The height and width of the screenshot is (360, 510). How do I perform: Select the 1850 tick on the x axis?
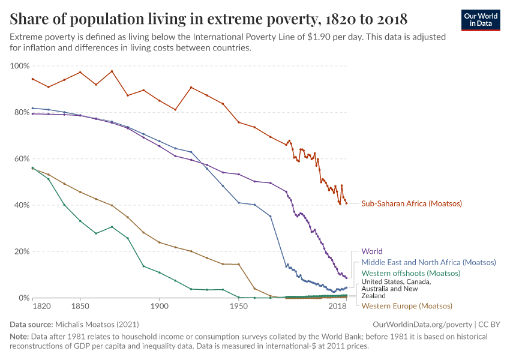(x=80, y=306)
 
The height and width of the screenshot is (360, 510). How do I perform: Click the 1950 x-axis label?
(x=239, y=306)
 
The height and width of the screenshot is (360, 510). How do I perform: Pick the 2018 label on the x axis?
(x=338, y=306)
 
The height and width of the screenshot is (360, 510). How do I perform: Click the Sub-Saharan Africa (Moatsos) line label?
(x=412, y=203)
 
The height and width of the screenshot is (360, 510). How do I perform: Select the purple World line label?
(x=371, y=251)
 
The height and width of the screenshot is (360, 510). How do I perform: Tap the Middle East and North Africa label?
(x=428, y=262)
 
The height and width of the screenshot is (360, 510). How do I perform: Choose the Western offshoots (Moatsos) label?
(x=410, y=273)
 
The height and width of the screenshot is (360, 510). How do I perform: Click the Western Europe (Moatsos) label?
(x=406, y=306)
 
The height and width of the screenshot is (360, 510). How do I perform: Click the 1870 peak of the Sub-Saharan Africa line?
(x=112, y=71)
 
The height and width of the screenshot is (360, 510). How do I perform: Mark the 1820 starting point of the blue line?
(x=33, y=108)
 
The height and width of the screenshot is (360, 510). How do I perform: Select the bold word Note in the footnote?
(x=19, y=337)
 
